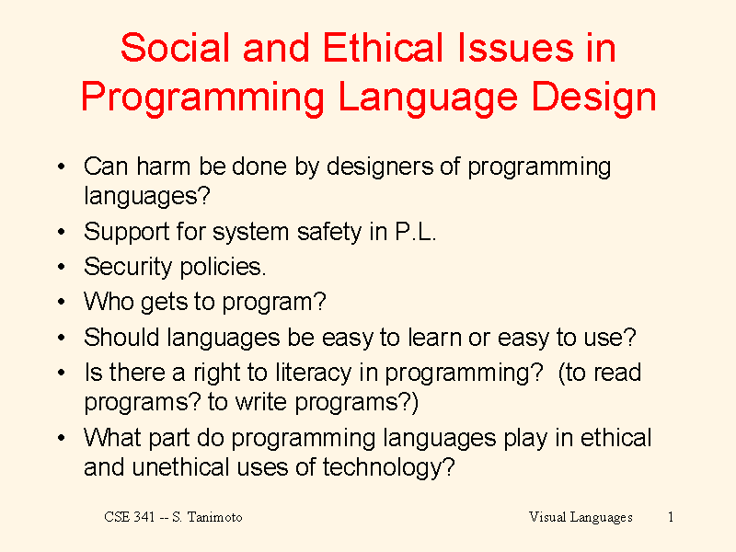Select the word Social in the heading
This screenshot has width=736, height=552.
[x=175, y=48]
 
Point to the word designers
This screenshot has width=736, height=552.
[x=380, y=167]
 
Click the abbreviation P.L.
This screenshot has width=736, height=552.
[x=416, y=232]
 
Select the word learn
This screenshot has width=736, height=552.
[x=434, y=337]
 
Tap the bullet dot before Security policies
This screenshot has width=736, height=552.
[x=61, y=267]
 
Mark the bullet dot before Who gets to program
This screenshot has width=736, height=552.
[x=61, y=302]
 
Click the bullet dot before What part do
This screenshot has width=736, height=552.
[x=61, y=438]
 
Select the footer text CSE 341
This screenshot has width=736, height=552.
[x=130, y=517]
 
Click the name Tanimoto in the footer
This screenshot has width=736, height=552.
[x=215, y=517]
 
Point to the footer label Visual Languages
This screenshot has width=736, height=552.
[x=581, y=518]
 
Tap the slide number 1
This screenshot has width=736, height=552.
[x=671, y=517]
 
